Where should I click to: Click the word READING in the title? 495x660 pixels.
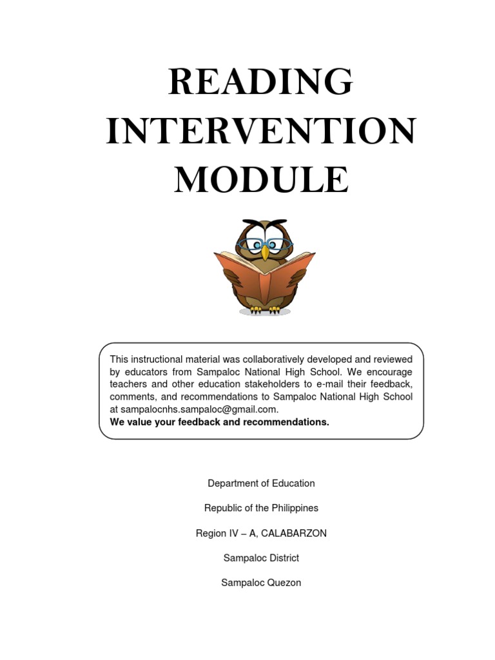coord(260,82)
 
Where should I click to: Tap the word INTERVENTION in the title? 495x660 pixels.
coord(260,131)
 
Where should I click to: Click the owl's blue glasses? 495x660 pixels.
coord(264,245)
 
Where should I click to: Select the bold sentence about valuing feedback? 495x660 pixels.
coord(219,422)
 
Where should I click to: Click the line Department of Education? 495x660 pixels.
coord(261,483)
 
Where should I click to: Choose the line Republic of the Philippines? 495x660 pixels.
coord(261,508)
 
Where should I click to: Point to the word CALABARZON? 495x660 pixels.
coord(294,533)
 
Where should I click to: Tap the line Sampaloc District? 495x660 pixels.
coord(261,558)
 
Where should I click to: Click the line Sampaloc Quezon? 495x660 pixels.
coord(261,583)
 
